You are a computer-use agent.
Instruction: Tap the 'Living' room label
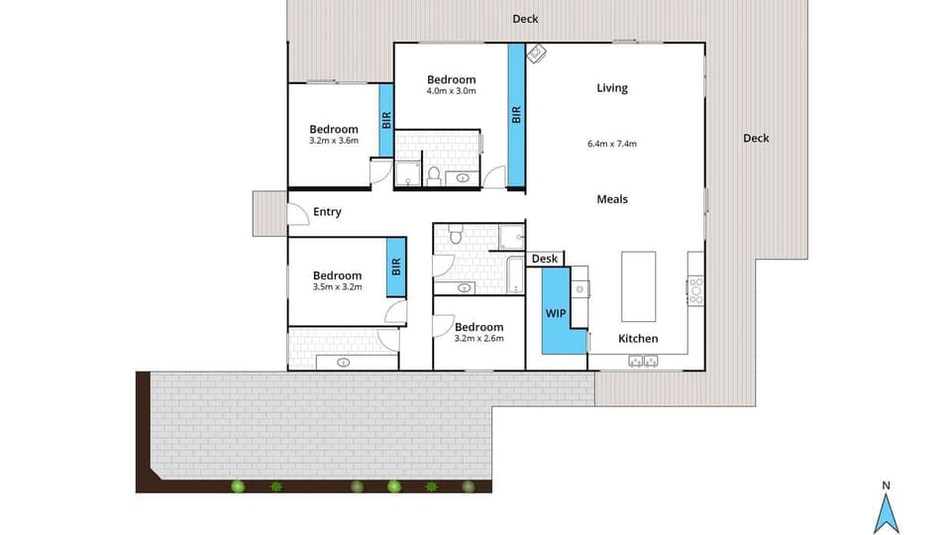pos(611,88)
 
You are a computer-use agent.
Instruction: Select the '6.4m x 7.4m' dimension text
pos(611,144)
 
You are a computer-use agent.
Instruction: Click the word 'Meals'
pos(611,199)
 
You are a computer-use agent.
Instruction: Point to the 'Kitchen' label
pos(638,339)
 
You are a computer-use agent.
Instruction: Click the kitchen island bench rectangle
pos(638,286)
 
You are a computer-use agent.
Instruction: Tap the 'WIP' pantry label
pos(555,312)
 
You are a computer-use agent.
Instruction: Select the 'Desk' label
pos(544,260)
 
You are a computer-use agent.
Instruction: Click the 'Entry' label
pos(327,212)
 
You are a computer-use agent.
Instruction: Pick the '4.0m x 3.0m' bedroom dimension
pos(451,92)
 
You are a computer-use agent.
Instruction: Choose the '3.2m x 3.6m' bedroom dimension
pos(333,142)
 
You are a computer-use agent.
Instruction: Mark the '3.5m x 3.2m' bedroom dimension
pos(337,287)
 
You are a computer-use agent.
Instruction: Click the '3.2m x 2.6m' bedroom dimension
pos(478,339)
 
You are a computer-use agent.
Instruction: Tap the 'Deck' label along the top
pos(525,19)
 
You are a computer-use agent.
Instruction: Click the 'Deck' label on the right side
pos(756,139)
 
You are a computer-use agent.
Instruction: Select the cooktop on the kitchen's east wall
pos(695,290)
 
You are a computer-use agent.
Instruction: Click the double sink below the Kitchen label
pos(643,362)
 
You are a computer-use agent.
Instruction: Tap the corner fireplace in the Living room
pos(535,53)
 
